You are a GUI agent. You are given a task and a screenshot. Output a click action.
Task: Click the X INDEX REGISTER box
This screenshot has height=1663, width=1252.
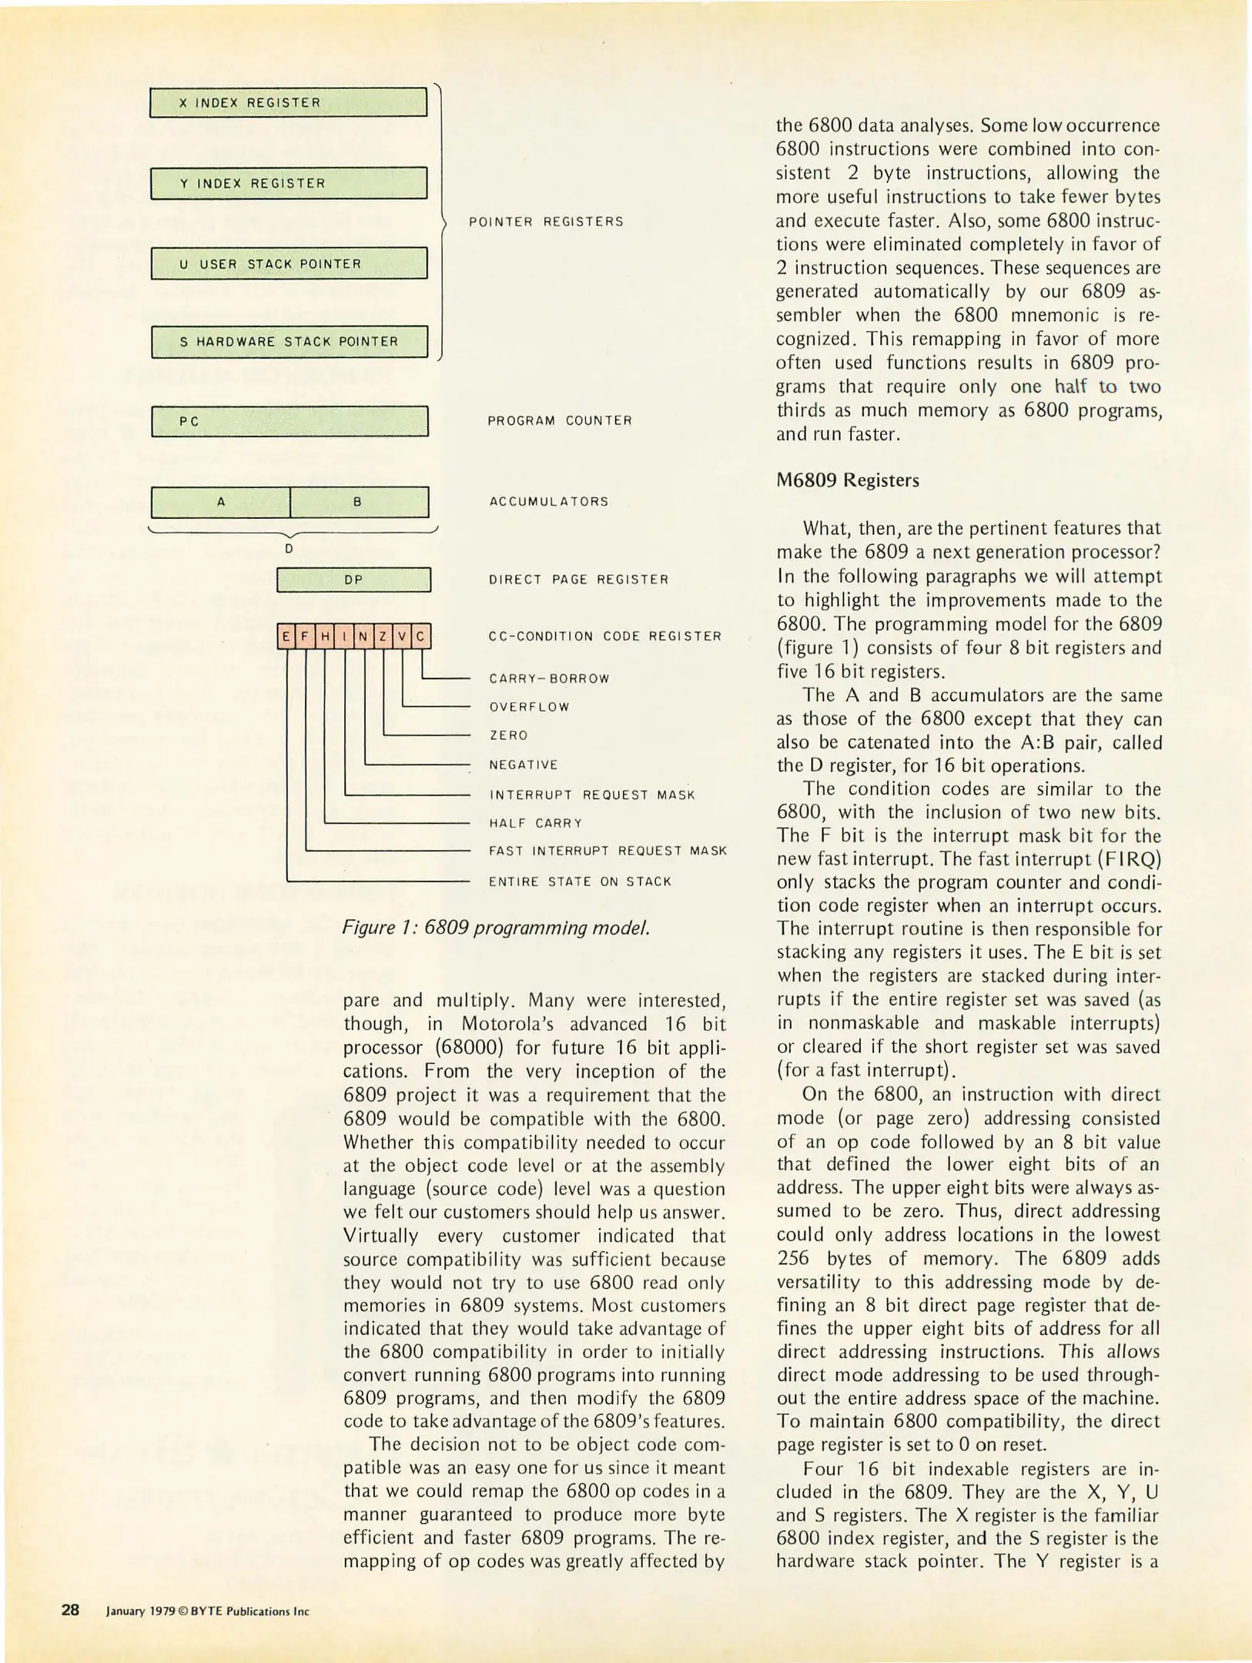(x=288, y=102)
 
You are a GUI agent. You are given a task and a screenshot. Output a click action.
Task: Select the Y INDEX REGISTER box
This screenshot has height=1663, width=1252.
(x=288, y=183)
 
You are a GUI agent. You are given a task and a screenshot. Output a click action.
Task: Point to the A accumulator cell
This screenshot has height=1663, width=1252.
(x=220, y=502)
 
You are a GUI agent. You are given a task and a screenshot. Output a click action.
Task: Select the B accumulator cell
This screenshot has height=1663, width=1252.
(x=358, y=502)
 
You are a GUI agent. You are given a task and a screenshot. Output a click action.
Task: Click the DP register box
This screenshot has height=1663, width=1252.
(x=353, y=580)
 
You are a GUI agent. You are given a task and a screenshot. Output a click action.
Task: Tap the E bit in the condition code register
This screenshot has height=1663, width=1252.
(x=286, y=637)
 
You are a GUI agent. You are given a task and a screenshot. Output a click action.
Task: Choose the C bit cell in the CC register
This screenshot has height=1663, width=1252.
(x=421, y=637)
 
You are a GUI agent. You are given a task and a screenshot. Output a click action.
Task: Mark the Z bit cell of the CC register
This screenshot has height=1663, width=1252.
(x=383, y=637)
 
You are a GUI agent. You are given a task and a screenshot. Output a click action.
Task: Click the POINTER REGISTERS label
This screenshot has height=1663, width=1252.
(x=546, y=222)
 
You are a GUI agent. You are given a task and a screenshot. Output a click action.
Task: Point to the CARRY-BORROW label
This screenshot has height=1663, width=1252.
(x=549, y=678)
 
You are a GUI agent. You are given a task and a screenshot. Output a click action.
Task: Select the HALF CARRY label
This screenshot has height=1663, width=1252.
(x=535, y=823)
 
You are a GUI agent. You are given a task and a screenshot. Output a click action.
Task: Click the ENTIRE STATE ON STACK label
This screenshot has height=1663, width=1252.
(x=580, y=882)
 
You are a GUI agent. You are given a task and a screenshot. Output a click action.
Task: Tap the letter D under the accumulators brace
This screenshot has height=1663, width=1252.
(x=288, y=549)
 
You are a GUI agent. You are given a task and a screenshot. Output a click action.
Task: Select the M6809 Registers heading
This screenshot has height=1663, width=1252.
(x=847, y=480)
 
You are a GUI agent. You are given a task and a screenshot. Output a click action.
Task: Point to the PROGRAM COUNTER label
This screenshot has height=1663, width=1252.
(x=559, y=420)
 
